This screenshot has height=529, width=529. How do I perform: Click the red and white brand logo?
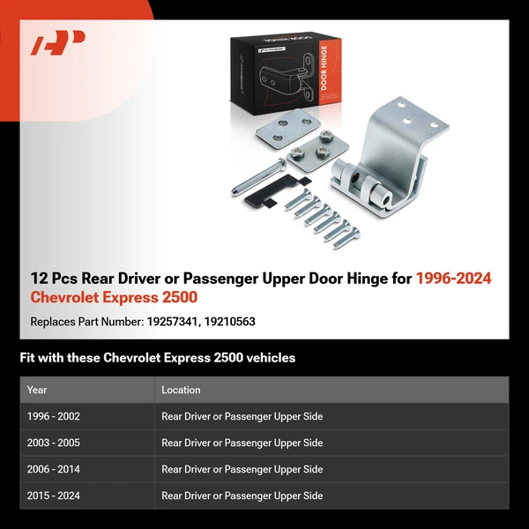tap(58, 43)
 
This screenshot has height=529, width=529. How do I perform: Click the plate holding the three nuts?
tap(315, 144)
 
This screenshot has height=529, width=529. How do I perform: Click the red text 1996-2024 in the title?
tap(453, 279)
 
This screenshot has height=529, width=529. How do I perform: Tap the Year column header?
tap(37, 390)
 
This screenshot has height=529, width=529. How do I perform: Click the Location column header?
tap(181, 390)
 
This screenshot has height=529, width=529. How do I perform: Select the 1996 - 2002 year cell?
tap(53, 416)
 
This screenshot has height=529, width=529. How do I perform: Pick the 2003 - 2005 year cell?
tap(53, 443)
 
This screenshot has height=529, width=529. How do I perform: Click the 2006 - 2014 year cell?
tap(53, 469)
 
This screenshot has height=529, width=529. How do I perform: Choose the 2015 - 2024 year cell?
tap(53, 495)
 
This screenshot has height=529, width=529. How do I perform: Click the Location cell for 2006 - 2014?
tap(242, 469)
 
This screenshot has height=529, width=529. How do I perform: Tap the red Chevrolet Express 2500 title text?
tap(114, 299)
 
